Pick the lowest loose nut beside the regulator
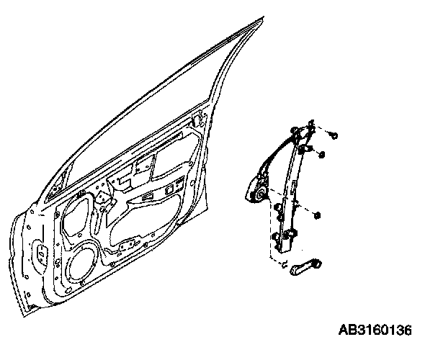(x=318, y=215)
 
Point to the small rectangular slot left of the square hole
(x=147, y=198)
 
